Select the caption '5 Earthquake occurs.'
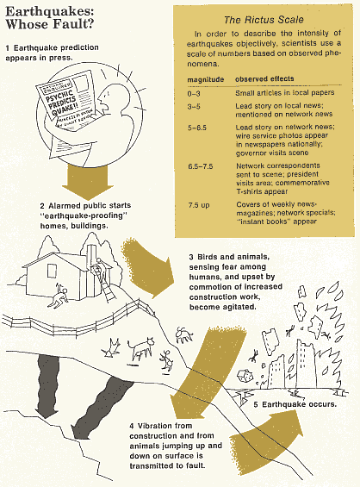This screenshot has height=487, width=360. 295,403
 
